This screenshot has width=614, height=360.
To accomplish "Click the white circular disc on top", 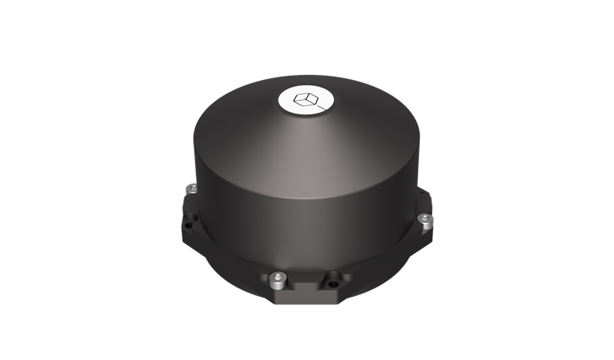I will click(305, 101).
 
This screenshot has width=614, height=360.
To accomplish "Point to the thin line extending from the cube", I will click(319, 107).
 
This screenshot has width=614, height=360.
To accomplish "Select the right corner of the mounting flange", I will click(434, 210).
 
